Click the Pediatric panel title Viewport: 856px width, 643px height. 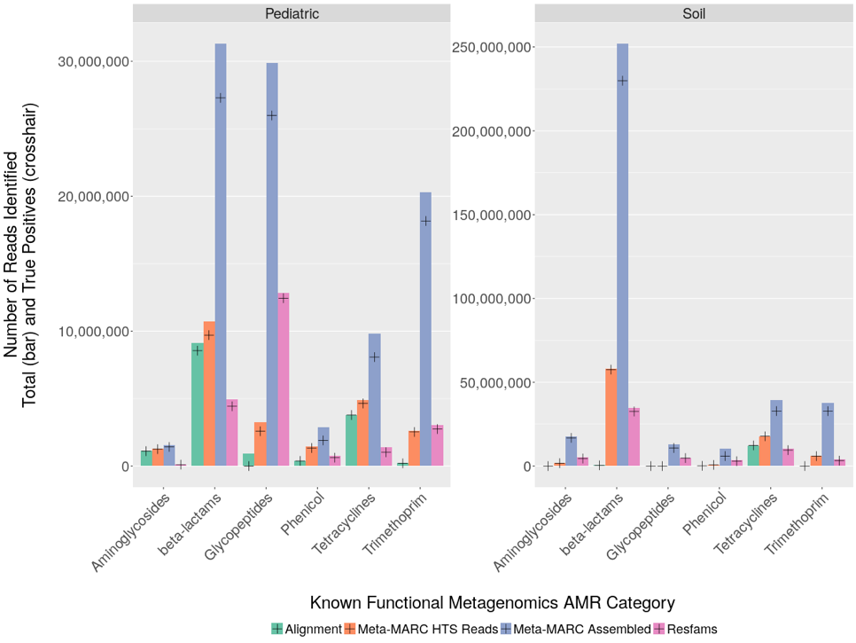pos(292,14)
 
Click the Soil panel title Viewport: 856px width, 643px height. pos(695,14)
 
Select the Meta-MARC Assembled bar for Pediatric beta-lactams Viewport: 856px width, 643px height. pos(221,257)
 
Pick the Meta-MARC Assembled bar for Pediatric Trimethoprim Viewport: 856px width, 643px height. pos(425,328)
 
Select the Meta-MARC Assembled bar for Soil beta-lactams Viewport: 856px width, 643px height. pos(623,257)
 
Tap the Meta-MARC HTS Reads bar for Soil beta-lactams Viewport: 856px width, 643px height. pos(611,417)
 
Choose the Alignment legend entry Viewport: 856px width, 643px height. pos(307,629)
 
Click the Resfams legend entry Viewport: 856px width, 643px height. pos(684,629)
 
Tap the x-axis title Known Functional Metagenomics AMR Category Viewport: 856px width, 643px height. pos(493,603)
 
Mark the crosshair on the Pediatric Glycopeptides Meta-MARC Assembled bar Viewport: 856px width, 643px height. pos(272,115)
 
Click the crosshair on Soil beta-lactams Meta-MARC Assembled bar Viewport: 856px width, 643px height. pos(623,80)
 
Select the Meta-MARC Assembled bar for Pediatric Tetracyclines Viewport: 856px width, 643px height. pos(375,399)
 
